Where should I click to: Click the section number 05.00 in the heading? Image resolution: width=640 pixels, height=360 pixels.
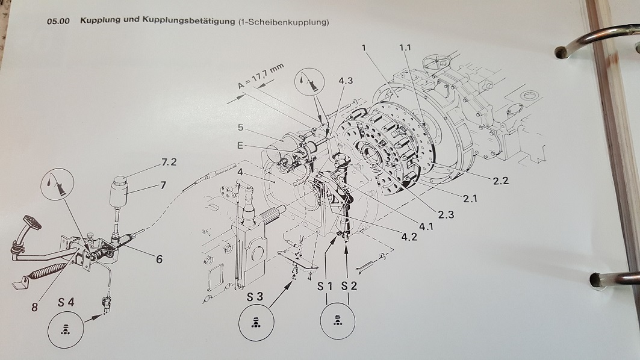pyautogui.click(x=58, y=21)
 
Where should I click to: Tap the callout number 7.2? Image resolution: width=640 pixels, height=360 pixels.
pyautogui.click(x=169, y=162)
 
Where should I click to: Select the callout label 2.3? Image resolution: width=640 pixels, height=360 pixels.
pyautogui.click(x=446, y=214)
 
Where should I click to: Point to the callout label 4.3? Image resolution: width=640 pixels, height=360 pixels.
pyautogui.click(x=346, y=81)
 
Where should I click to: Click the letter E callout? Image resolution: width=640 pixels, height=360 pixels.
pyautogui.click(x=240, y=145)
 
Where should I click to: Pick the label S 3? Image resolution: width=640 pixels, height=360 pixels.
pyautogui.click(x=255, y=297)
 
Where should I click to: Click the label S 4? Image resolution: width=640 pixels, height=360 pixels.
pyautogui.click(x=66, y=302)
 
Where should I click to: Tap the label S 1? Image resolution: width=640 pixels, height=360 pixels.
pyautogui.click(x=325, y=287)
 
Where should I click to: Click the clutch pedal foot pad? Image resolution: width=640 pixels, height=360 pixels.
pyautogui.click(x=32, y=223)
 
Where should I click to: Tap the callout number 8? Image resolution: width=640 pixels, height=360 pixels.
pyautogui.click(x=35, y=306)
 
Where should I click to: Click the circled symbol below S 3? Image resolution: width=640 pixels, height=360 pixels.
pyautogui.click(x=256, y=323)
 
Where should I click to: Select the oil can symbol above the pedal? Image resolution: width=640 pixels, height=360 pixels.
pyautogui.click(x=58, y=184)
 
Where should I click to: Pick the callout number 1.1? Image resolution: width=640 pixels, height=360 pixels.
pyautogui.click(x=405, y=48)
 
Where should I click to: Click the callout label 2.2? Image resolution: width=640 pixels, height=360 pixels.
pyautogui.click(x=501, y=181)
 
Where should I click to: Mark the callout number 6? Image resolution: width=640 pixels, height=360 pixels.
pyautogui.click(x=159, y=259)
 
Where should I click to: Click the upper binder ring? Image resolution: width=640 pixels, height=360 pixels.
pyautogui.click(x=596, y=41)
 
